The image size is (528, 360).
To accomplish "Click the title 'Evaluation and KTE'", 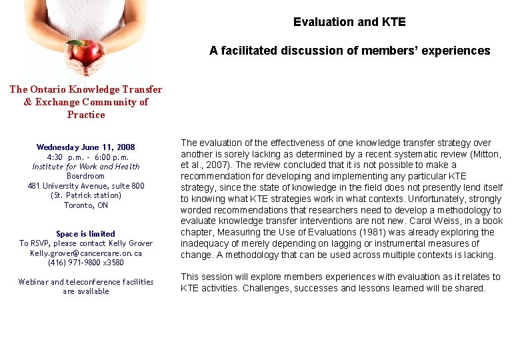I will click(349, 22).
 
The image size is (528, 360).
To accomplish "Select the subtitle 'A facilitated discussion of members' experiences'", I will click(349, 51).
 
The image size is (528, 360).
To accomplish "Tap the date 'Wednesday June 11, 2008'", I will click(86, 147).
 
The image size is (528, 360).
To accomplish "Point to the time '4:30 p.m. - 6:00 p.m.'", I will click(86, 157).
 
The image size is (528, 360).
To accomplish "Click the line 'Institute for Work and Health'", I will click(86, 167).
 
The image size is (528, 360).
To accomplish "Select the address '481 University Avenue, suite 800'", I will click(86, 186).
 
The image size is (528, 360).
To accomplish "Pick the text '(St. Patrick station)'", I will click(86, 195).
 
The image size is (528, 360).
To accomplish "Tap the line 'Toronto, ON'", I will click(86, 205).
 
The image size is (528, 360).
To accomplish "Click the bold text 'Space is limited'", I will click(86, 234).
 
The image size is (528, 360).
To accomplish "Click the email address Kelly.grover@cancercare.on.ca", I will click(86, 253).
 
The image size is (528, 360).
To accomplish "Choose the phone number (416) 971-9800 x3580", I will click(86, 263).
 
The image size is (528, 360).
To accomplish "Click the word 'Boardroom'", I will click(86, 176).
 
